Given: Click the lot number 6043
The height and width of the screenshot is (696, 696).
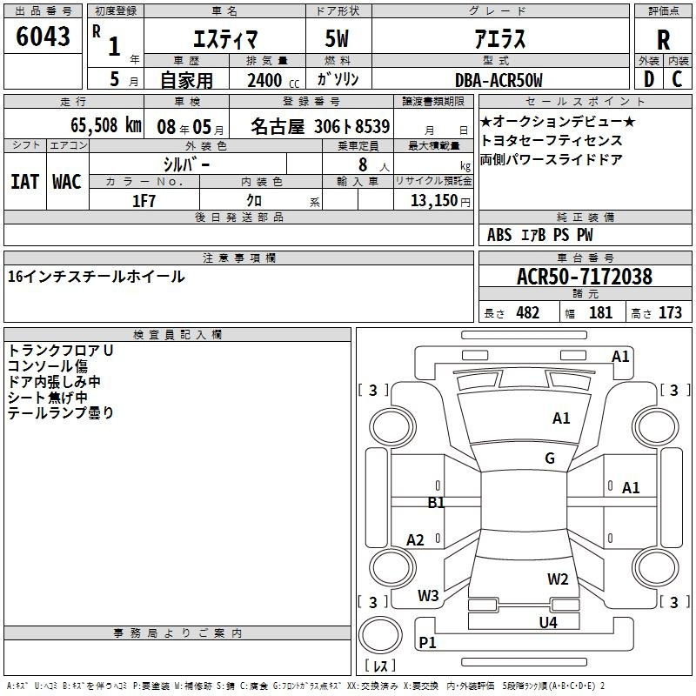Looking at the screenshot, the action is tap(43, 37).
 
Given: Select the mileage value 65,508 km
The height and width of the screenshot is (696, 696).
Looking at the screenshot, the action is tap(106, 125).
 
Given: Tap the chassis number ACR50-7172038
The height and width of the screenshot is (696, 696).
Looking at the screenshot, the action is tap(585, 277).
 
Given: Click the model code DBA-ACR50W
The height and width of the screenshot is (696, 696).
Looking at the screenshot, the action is tap(499, 80).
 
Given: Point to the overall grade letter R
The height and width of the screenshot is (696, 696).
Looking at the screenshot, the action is tap(663, 40).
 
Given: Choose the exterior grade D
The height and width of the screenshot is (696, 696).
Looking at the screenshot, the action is tap(649, 79).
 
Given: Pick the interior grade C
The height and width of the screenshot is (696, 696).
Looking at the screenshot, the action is tap(677, 79).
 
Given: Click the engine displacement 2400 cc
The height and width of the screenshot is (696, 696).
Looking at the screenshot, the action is tap(273, 81).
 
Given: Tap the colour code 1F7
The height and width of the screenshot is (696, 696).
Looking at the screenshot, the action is tap(144, 201).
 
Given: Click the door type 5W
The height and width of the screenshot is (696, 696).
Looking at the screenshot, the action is tap(337, 38).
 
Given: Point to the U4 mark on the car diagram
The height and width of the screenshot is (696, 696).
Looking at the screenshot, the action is tap(548, 623).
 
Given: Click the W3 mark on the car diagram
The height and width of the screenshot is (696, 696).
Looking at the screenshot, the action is tap(428, 596).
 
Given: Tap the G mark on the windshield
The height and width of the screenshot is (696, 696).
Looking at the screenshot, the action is tap(550, 458).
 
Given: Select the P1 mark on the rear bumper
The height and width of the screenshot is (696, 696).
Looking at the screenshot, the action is tap(427, 642).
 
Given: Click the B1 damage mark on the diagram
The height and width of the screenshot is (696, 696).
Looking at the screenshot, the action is tap(436, 503).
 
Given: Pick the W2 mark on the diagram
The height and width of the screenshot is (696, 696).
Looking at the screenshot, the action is tap(558, 579).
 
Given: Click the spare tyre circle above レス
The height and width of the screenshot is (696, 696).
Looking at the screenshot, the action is tap(380, 635).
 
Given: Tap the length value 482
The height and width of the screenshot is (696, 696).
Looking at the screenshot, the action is tap(528, 312).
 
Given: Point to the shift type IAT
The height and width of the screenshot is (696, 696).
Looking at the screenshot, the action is tap(25, 182).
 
